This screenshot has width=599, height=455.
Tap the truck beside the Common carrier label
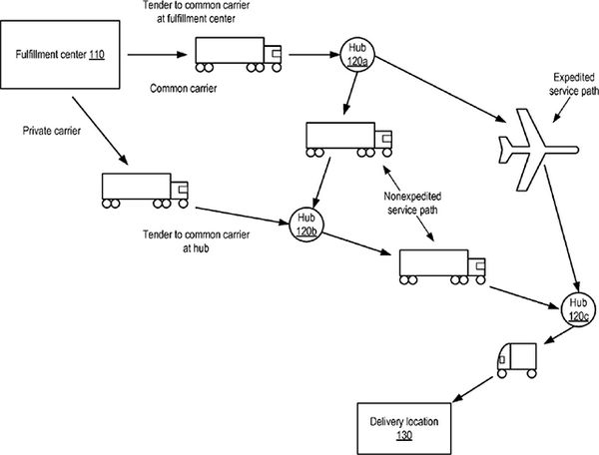tap(238, 55)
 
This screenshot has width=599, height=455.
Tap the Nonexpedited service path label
tap(416, 205)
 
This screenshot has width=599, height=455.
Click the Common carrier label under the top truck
tap(182, 88)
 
